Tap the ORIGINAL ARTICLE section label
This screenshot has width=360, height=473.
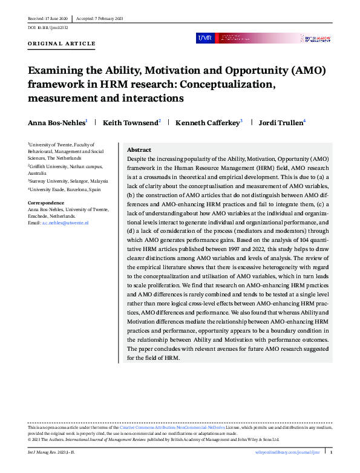tap(62, 44)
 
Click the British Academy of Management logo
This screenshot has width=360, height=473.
tap(315, 38)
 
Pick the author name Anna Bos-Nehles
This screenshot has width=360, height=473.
tap(56, 123)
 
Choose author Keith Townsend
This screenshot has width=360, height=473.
tap(130, 123)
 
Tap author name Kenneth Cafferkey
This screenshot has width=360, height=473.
tap(207, 123)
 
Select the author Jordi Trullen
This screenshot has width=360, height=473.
tap(281, 123)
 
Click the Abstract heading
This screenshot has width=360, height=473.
tap(139, 150)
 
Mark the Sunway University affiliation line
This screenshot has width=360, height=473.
tap(68, 181)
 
